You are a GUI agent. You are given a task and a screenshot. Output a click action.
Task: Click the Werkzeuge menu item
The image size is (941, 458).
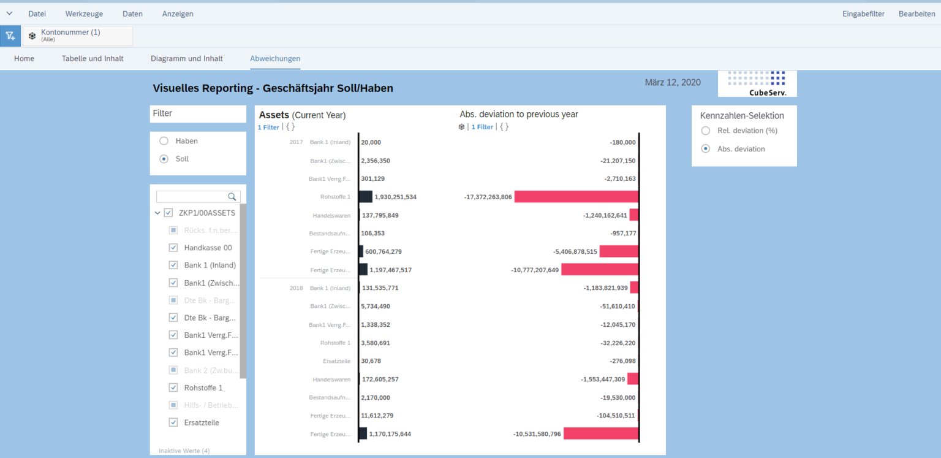click(x=84, y=13)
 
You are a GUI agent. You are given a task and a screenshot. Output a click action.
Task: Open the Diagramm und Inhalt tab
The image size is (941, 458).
click(x=187, y=58)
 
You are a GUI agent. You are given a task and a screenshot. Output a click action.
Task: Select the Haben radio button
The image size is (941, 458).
click(x=164, y=141)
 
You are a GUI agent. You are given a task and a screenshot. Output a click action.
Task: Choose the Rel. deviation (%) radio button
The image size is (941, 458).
click(x=706, y=131)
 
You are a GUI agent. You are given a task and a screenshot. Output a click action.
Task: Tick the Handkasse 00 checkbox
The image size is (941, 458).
click(x=173, y=248)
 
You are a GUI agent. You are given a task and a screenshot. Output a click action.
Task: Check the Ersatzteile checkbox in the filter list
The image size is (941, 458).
click(x=173, y=422)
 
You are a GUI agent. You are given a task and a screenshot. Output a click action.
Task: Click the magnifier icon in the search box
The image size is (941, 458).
click(x=232, y=197)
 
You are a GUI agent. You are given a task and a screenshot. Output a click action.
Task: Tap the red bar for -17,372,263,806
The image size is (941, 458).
click(x=576, y=197)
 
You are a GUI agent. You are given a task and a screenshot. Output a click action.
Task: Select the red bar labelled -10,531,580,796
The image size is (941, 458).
click(x=600, y=433)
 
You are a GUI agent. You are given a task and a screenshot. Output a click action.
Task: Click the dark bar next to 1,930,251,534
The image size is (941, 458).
click(x=366, y=197)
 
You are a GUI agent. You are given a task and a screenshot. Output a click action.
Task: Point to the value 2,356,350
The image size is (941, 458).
click(x=376, y=161)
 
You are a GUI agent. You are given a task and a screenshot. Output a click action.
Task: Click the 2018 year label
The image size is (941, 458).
click(x=297, y=288)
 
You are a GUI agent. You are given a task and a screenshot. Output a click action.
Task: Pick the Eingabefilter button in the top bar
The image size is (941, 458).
click(x=863, y=13)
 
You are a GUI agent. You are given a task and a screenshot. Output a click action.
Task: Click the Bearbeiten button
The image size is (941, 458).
click(x=916, y=13)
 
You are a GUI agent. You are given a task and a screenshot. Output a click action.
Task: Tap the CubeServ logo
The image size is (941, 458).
click(x=757, y=83)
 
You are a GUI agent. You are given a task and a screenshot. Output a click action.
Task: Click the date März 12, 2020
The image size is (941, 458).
click(x=673, y=82)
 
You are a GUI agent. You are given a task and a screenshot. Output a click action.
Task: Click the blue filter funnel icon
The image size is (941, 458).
click(x=10, y=36)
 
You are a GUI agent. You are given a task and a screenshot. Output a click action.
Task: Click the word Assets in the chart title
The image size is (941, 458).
click(x=274, y=115)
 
